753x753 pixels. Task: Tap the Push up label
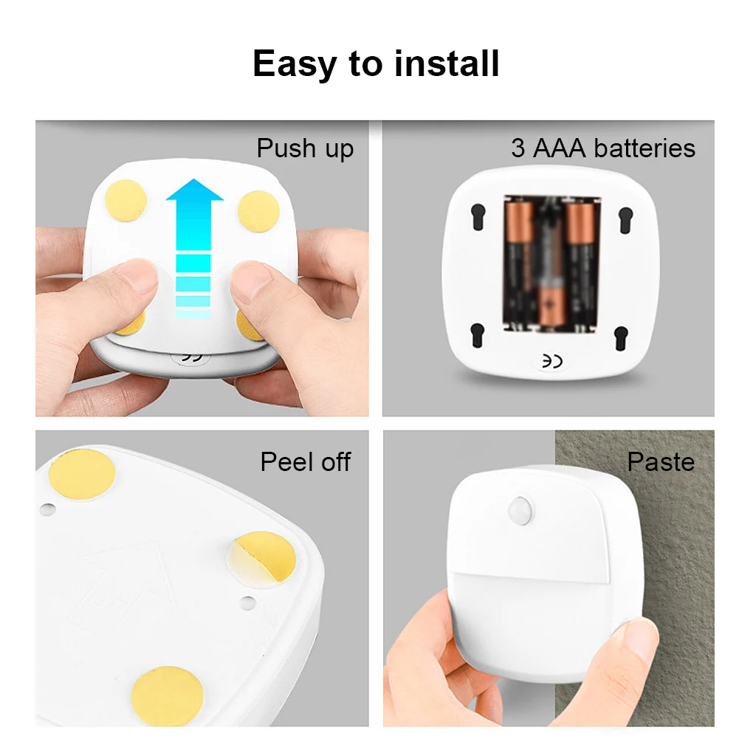[x=305, y=148]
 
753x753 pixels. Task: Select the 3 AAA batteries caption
[x=603, y=148]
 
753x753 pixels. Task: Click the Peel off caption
[x=306, y=461]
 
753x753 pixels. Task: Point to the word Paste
[x=661, y=462]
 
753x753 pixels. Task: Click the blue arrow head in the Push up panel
[x=194, y=190]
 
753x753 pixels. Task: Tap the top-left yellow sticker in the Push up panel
[x=125, y=201]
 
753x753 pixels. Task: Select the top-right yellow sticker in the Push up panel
[x=258, y=211]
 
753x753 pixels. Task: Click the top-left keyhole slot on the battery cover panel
[x=478, y=216]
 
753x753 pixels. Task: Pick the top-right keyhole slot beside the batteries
[x=626, y=220]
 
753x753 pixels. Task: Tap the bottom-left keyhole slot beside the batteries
[x=477, y=334]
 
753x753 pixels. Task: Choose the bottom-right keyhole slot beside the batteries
[x=621, y=338]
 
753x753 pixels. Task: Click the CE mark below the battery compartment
[x=552, y=361]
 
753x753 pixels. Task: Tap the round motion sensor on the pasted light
[x=520, y=509]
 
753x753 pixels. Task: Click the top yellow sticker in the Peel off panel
[x=82, y=475]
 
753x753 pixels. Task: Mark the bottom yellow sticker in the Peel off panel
[x=167, y=695]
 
